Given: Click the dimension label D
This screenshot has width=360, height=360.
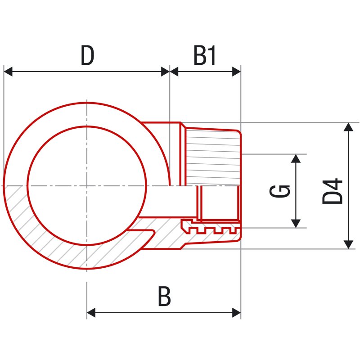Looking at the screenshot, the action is pyautogui.click(x=87, y=55).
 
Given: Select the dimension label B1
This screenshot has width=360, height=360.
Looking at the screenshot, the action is pyautogui.click(x=205, y=55).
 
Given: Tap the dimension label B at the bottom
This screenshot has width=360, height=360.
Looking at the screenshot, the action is pyautogui.click(x=164, y=296).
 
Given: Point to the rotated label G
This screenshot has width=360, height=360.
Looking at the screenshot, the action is pyautogui.click(x=279, y=191).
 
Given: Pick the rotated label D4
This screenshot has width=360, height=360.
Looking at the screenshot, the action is pyautogui.click(x=333, y=191).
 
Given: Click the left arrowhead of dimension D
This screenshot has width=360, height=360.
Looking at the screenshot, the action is pyautogui.click(x=8, y=72).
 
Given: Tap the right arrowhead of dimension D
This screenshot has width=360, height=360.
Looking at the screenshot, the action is pyautogui.click(x=165, y=72).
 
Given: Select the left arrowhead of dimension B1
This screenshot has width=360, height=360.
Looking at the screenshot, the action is pyautogui.click(x=174, y=72).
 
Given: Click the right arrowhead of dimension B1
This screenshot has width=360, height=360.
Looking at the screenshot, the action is pyautogui.click(x=237, y=72).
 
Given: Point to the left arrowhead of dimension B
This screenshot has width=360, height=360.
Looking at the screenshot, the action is pyautogui.click(x=91, y=313).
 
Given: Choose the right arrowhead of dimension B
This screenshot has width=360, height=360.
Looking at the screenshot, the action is pyautogui.click(x=237, y=313).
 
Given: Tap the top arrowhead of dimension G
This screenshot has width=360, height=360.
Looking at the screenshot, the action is pyautogui.click(x=296, y=159).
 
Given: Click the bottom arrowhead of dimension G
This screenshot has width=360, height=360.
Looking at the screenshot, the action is pyautogui.click(x=296, y=223).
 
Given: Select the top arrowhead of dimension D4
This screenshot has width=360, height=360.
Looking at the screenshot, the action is pyautogui.click(x=348, y=127).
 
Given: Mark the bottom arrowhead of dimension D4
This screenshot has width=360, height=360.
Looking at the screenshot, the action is pyautogui.click(x=348, y=244).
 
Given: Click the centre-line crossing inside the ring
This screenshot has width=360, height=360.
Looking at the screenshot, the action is pyautogui.click(x=87, y=185).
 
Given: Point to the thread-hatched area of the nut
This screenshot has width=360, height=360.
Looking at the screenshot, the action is pyautogui.click(x=213, y=157).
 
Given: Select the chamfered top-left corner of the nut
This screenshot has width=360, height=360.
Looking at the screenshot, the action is pyautogui.click(x=183, y=125).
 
